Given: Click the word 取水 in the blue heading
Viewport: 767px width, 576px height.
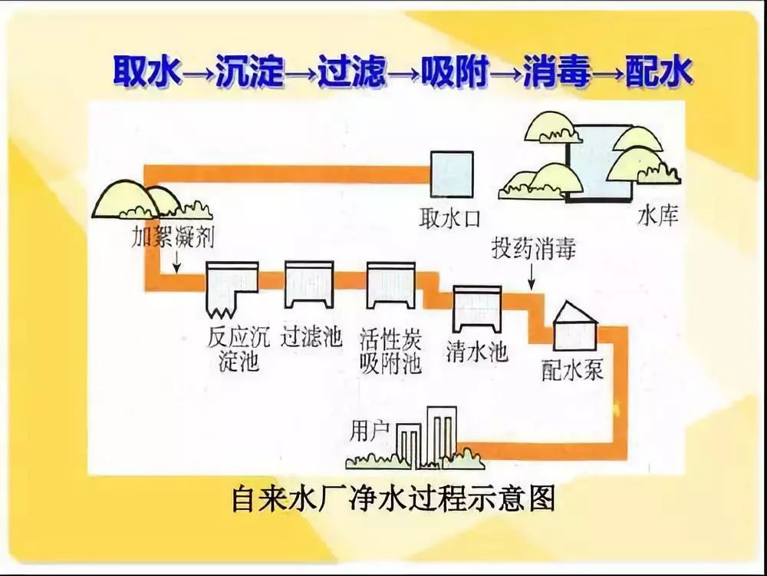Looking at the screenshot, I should [147, 72].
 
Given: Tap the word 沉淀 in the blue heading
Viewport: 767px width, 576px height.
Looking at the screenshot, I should [250, 72].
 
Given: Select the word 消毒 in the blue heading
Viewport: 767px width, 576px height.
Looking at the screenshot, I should [558, 72].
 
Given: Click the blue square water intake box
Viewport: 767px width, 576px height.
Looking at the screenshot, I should [451, 174].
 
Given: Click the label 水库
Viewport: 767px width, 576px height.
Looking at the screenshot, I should [658, 217].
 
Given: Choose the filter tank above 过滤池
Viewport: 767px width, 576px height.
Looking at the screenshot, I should [309, 283].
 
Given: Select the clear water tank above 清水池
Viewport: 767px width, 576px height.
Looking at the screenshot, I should [476, 306].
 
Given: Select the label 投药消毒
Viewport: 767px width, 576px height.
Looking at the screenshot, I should [532, 250].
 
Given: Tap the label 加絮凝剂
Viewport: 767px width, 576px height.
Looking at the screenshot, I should [172, 237].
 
